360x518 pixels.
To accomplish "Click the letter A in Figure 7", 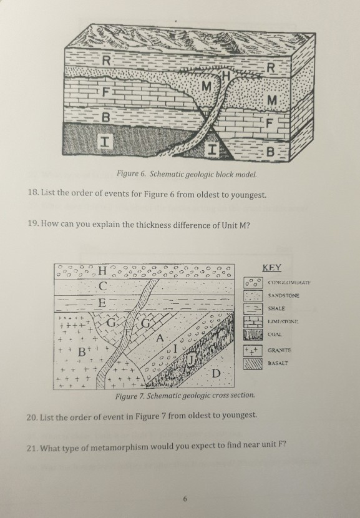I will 160,338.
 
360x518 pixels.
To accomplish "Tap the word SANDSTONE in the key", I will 285,296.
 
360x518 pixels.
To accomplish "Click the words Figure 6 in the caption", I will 137,173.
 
